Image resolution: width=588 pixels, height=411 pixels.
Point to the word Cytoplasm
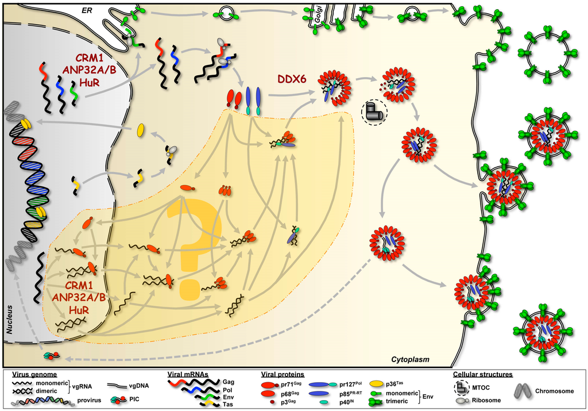(x=411, y=360)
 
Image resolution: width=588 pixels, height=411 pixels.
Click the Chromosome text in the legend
(x=554, y=391)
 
